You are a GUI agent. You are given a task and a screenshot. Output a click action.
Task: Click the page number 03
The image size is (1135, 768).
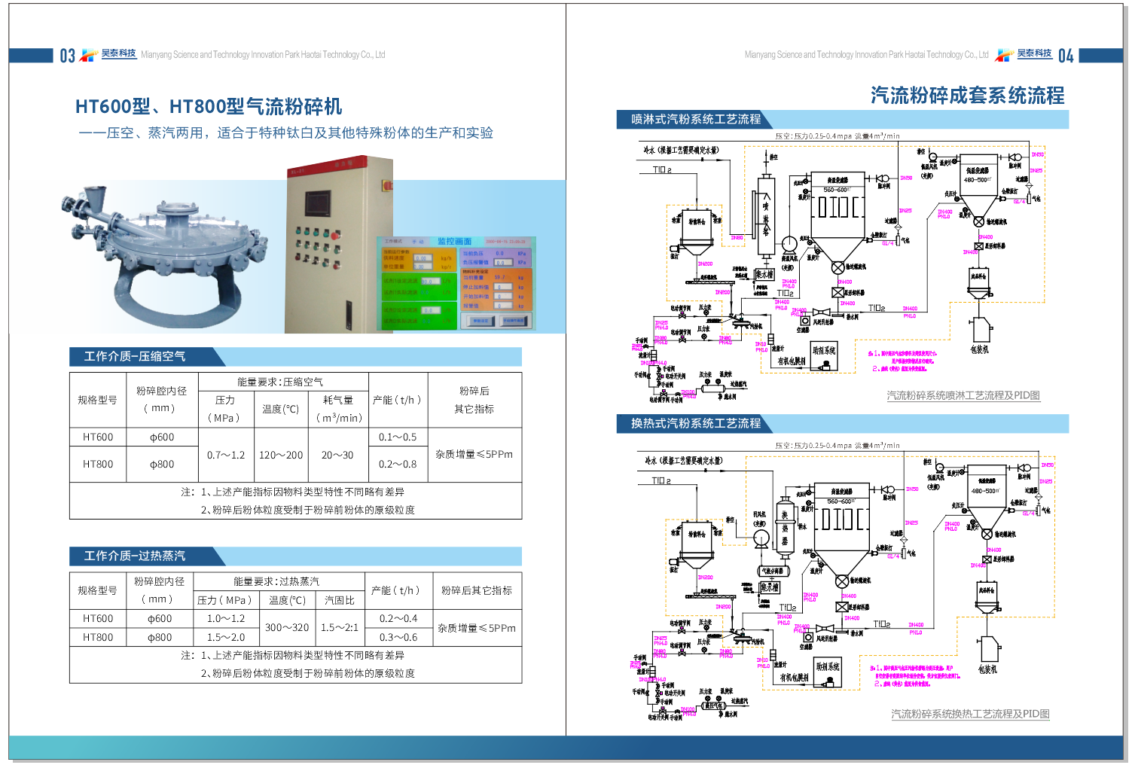[67, 56]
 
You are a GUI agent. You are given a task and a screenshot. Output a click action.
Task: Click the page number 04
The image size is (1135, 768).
[1066, 56]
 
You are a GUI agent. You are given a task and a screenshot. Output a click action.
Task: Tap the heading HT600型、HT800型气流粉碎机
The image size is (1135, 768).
[209, 107]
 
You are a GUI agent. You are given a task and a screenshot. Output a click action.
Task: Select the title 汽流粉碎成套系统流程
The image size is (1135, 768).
[967, 96]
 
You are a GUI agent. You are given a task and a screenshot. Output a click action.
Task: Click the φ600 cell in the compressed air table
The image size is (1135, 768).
[161, 437]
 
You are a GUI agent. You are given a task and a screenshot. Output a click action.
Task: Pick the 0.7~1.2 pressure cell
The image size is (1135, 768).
[226, 455]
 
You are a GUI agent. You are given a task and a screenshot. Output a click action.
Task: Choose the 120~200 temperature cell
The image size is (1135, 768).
[281, 455]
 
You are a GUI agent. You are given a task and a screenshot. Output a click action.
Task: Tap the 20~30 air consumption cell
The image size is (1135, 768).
[337, 455]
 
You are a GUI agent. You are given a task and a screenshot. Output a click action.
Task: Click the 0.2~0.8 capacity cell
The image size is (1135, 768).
[398, 464]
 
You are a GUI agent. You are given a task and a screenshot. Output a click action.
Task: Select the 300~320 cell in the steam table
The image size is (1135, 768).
[287, 627]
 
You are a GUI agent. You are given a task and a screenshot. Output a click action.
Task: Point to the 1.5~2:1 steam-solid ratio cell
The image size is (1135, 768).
[340, 627]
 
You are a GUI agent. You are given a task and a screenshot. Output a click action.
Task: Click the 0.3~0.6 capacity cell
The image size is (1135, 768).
[398, 637]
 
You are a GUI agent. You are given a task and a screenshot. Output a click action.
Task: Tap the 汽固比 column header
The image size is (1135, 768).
[340, 600]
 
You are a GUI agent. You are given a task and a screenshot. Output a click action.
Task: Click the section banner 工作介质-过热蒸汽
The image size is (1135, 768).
[135, 556]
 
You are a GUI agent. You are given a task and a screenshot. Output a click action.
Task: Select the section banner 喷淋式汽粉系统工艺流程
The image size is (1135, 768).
[696, 119]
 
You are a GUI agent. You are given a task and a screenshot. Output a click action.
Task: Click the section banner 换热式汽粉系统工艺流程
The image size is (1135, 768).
[696, 423]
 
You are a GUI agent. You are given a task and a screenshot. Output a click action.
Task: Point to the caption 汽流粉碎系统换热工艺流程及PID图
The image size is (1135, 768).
[970, 714]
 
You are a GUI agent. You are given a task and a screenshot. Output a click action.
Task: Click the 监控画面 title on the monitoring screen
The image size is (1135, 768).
[454, 241]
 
